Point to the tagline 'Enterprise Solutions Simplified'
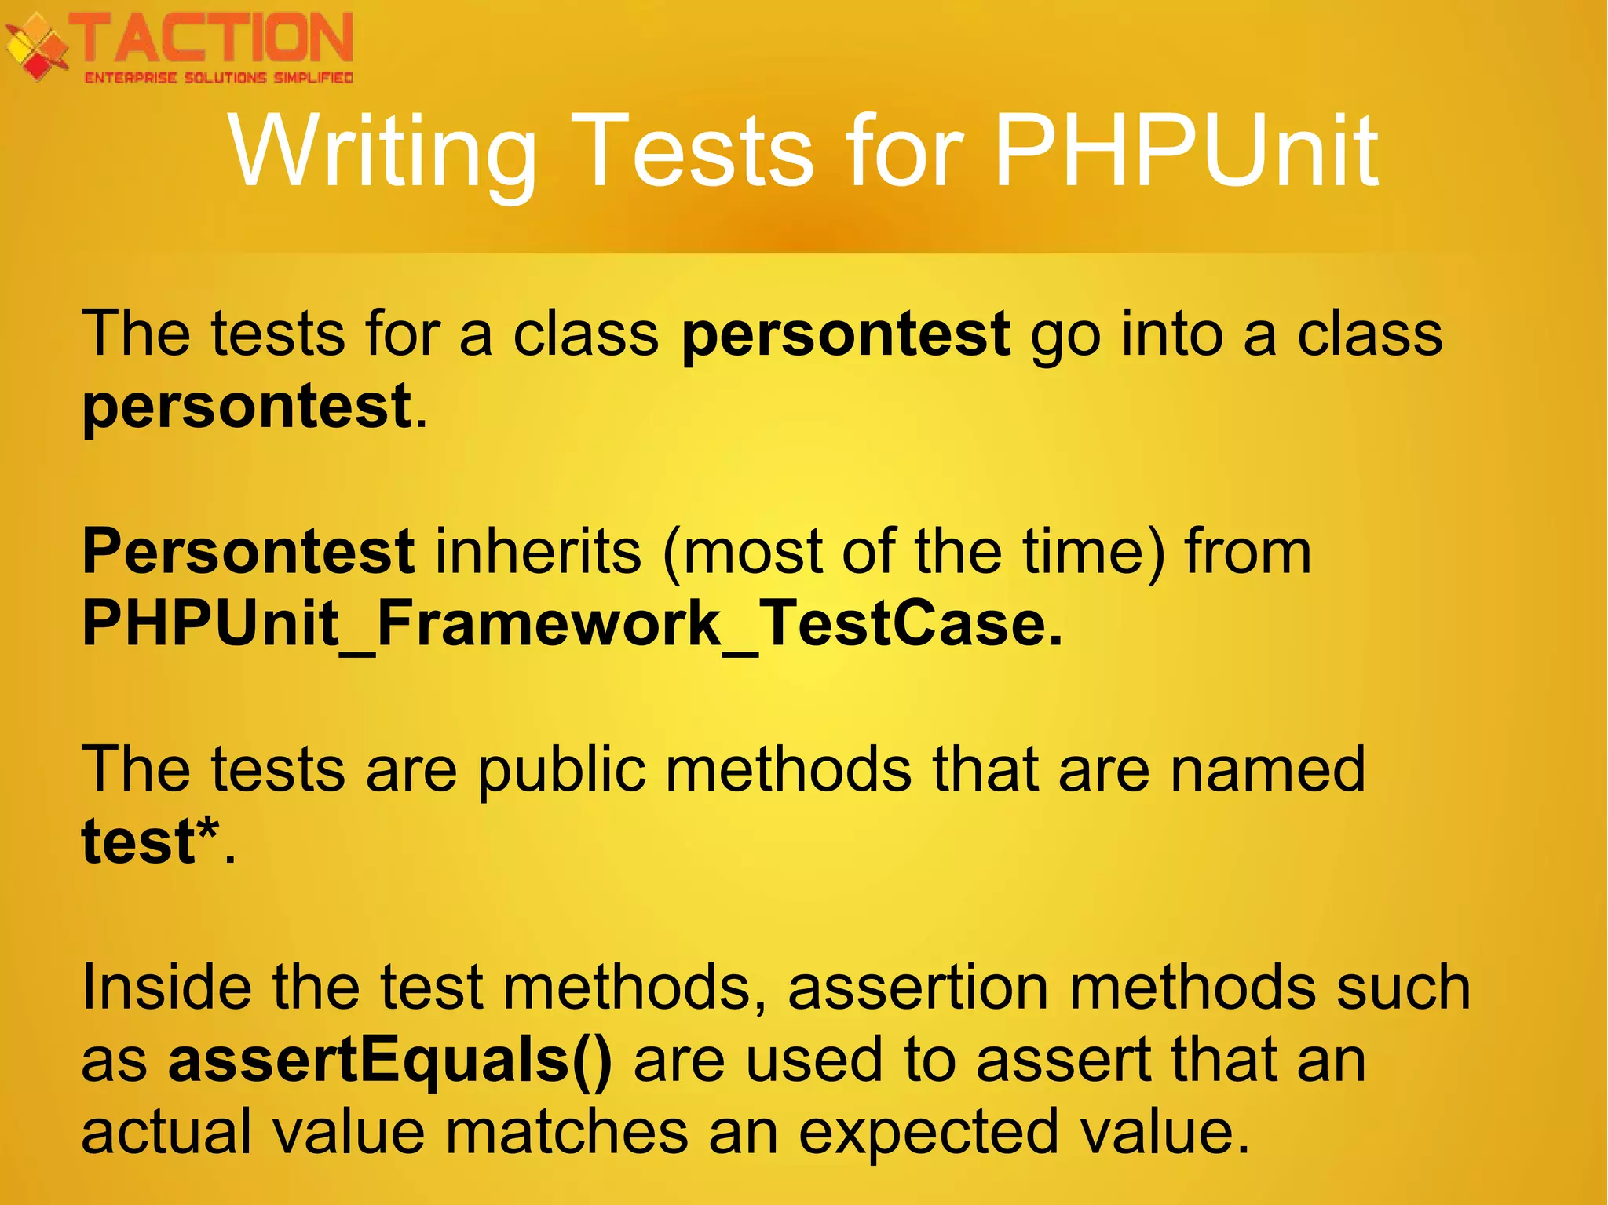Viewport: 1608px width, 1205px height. point(218,78)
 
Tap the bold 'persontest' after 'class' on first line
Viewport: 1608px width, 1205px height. point(846,334)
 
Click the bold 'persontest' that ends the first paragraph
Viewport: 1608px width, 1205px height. point(247,406)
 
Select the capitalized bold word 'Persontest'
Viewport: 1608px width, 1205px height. point(248,551)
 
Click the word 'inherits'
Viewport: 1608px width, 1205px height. point(539,551)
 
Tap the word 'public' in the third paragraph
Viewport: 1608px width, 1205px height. point(562,769)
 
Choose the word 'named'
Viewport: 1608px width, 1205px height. point(1267,769)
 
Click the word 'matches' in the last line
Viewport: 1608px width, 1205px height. point(567,1131)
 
